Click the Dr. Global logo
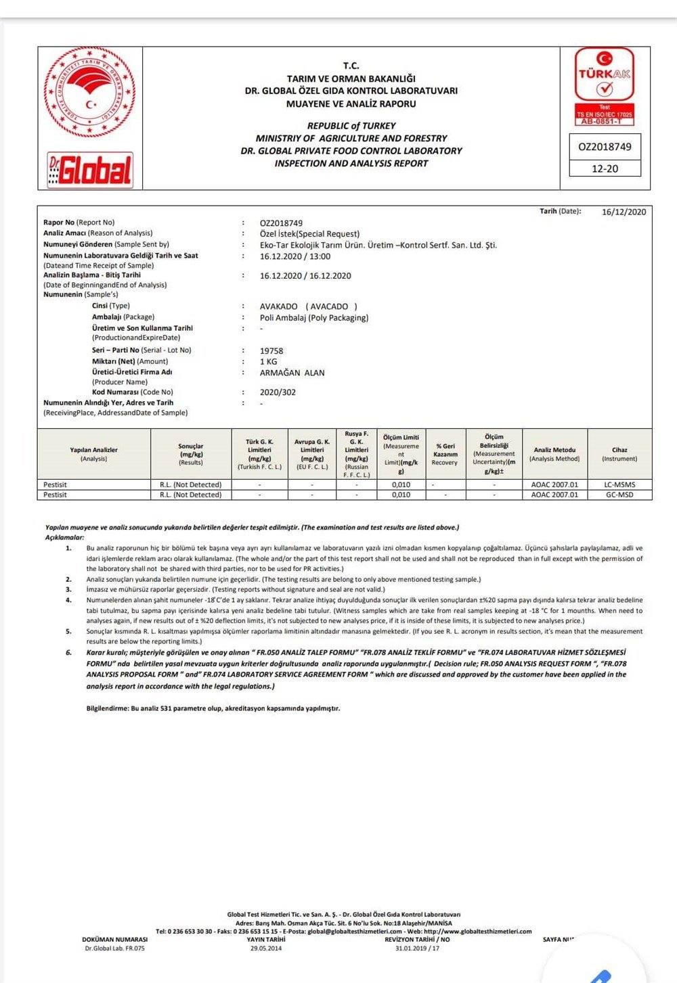click(x=90, y=169)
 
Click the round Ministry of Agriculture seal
click(x=90, y=93)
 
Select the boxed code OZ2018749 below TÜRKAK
click(x=605, y=147)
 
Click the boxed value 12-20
click(x=605, y=168)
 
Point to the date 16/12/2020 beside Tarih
click(x=624, y=212)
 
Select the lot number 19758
click(x=271, y=351)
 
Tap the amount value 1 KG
click(x=269, y=362)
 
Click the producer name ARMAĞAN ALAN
click(x=292, y=373)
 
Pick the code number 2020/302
click(x=278, y=392)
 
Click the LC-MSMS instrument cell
click(x=619, y=484)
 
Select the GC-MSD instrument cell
click(x=619, y=495)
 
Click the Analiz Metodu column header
click(x=554, y=454)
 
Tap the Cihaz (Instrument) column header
click(x=619, y=454)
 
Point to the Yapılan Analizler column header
click(x=93, y=454)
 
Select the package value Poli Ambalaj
click(x=314, y=318)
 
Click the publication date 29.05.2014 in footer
click(x=265, y=948)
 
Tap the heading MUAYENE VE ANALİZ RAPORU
click(x=351, y=104)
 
